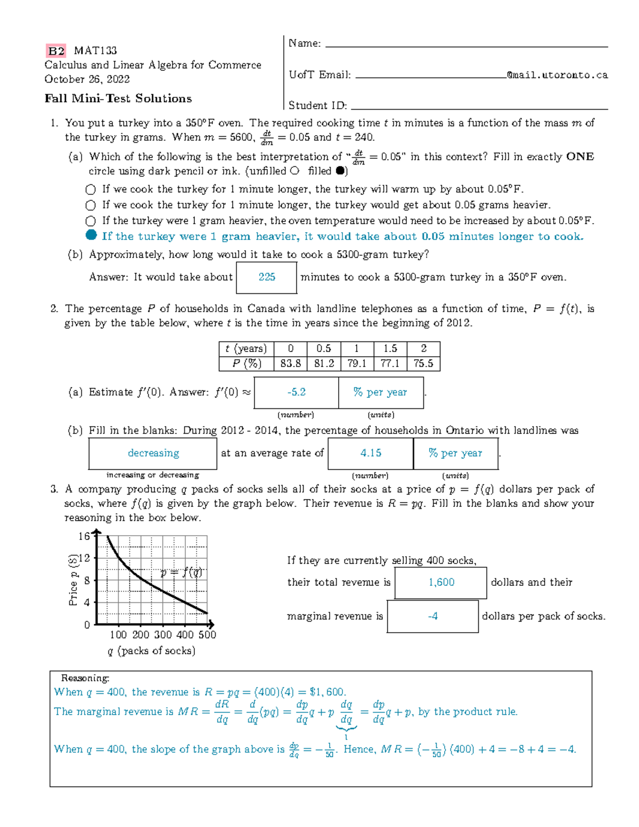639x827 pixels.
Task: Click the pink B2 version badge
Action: tap(56, 51)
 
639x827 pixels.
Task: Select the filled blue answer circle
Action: tap(91, 235)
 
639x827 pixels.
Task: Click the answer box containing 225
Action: tap(266, 277)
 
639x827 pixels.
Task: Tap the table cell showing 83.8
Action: tap(290, 363)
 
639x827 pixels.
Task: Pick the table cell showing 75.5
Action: tap(423, 363)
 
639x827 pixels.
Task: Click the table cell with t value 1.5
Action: tap(390, 348)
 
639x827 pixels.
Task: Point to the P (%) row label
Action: tap(247, 363)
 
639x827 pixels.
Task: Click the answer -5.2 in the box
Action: tap(296, 392)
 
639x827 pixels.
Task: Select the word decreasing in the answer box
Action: tap(153, 453)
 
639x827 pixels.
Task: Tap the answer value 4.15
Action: tap(371, 453)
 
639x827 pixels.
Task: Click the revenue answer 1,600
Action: tap(441, 583)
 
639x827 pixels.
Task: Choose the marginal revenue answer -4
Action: tap(432, 616)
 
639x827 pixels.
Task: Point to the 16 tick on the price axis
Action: tap(84, 536)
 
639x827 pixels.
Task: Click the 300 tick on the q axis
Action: tap(162, 635)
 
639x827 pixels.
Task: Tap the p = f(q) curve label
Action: tap(181, 572)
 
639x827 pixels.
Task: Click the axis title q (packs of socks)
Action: tap(151, 651)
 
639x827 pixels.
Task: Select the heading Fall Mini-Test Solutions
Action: tap(118, 99)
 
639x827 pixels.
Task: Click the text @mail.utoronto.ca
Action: tap(557, 75)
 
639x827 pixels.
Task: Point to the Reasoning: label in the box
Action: tap(85, 678)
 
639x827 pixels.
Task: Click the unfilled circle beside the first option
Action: tap(91, 190)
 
